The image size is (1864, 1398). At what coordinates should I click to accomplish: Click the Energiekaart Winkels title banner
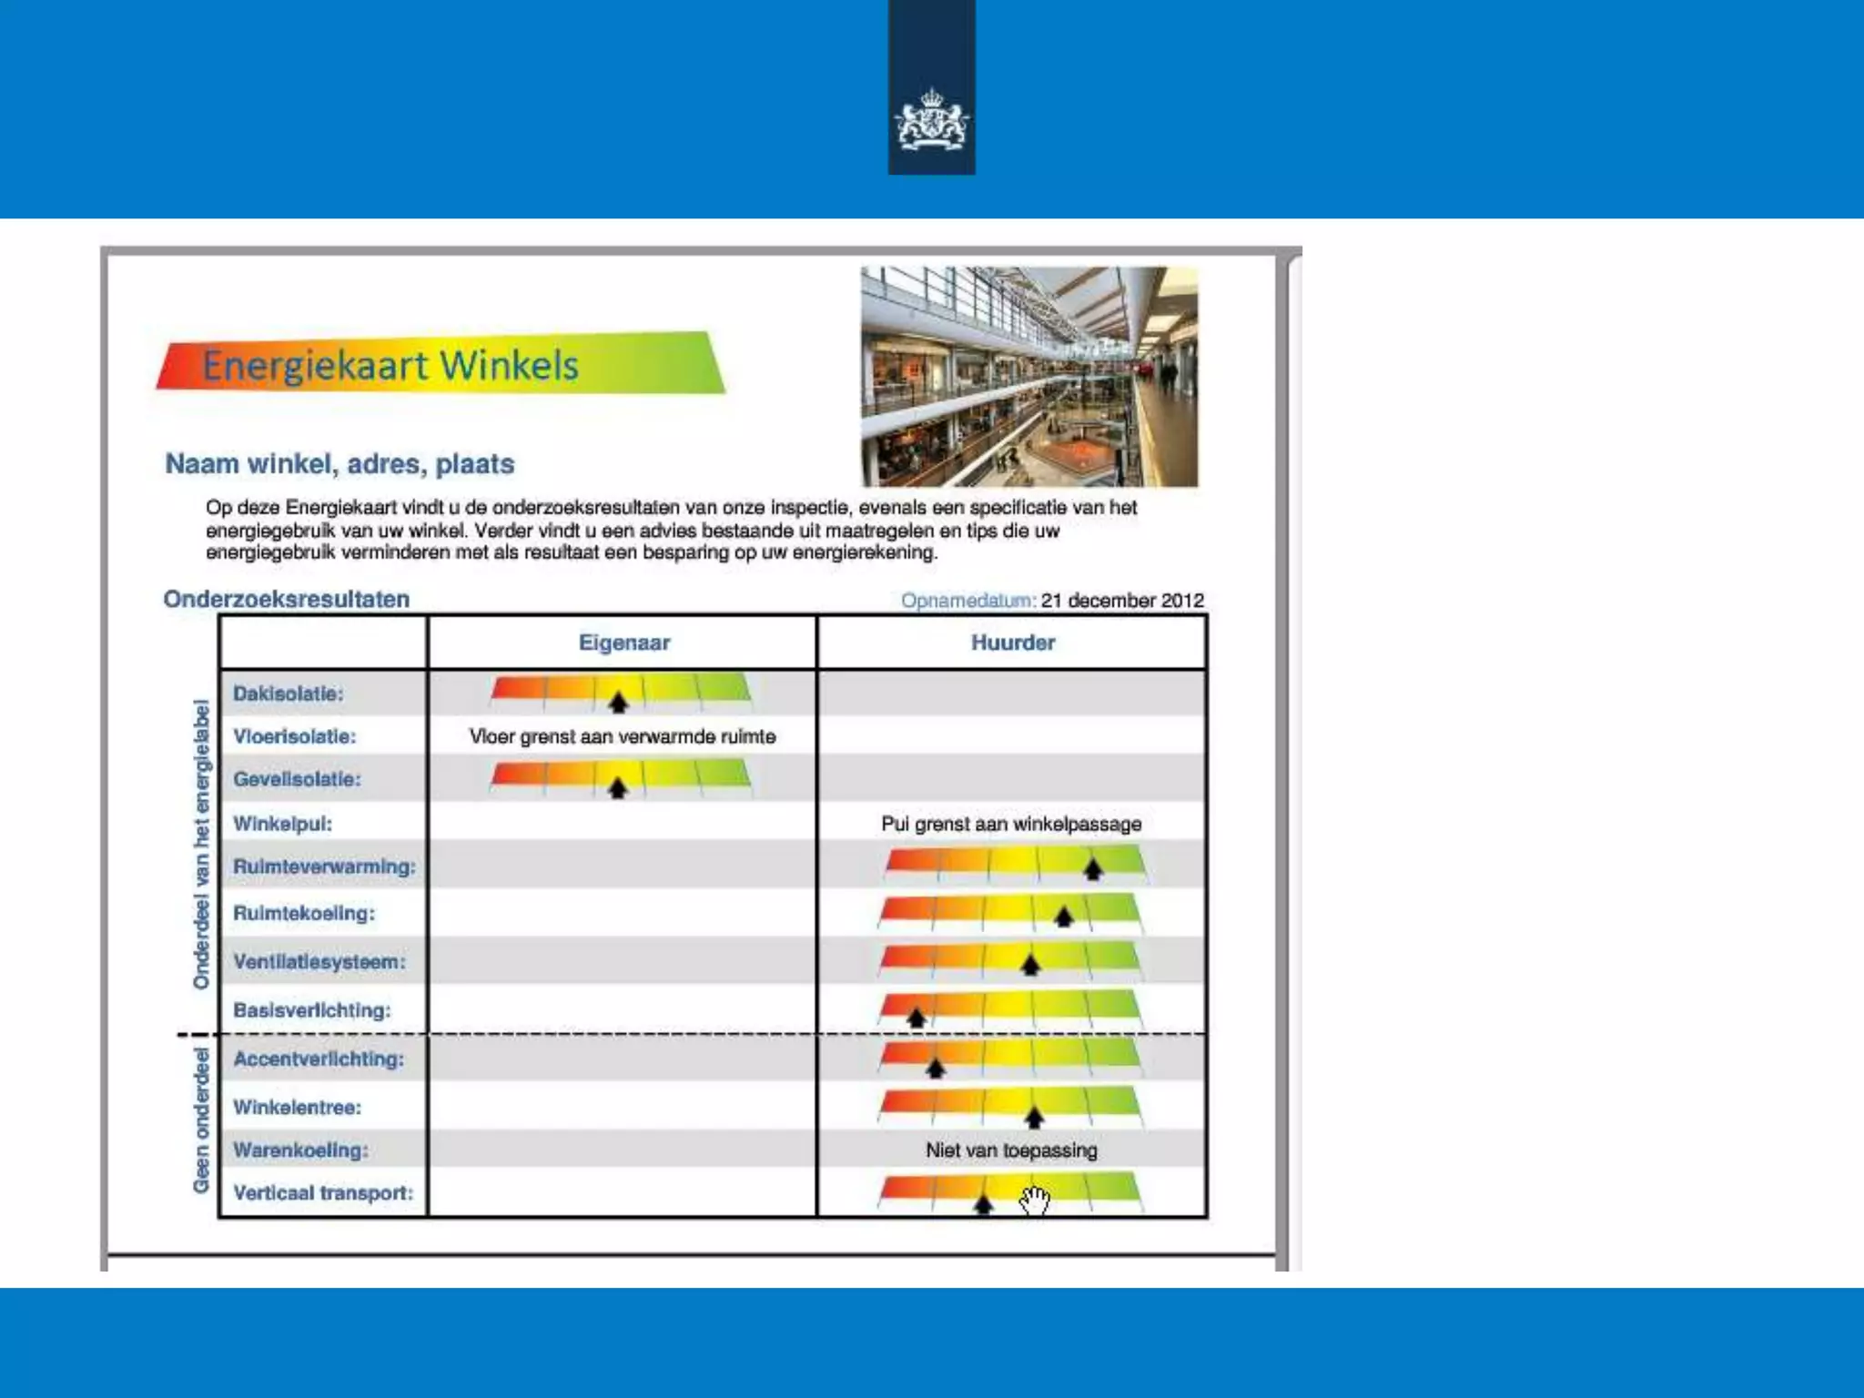click(441, 364)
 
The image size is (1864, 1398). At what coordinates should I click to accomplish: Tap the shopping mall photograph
click(1028, 376)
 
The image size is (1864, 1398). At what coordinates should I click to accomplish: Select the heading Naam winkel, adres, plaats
click(339, 464)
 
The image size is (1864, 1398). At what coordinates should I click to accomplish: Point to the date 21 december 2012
click(1121, 601)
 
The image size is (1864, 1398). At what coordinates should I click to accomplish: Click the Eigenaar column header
click(623, 643)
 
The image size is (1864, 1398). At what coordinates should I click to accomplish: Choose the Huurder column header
click(1012, 643)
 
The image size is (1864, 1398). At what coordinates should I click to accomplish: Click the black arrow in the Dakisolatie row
click(618, 702)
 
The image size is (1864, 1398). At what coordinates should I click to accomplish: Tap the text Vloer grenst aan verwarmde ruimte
click(623, 736)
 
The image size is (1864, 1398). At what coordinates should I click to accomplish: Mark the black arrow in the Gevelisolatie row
click(617, 788)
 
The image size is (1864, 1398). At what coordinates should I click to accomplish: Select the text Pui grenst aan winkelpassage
click(1010, 824)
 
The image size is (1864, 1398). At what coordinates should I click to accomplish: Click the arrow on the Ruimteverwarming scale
click(1092, 869)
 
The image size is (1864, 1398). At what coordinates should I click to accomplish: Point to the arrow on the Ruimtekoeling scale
click(1063, 917)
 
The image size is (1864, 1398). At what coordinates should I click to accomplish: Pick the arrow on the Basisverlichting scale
click(917, 1018)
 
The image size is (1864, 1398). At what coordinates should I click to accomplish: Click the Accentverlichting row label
click(319, 1059)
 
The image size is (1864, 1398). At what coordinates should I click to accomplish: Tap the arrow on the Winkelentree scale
click(1034, 1117)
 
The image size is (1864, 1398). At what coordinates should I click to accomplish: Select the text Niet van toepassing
click(1010, 1150)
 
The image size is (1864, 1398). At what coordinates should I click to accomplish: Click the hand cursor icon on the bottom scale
click(1035, 1200)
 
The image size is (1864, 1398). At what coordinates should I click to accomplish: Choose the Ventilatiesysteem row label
click(319, 962)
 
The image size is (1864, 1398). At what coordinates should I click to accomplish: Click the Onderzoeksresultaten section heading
click(287, 599)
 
